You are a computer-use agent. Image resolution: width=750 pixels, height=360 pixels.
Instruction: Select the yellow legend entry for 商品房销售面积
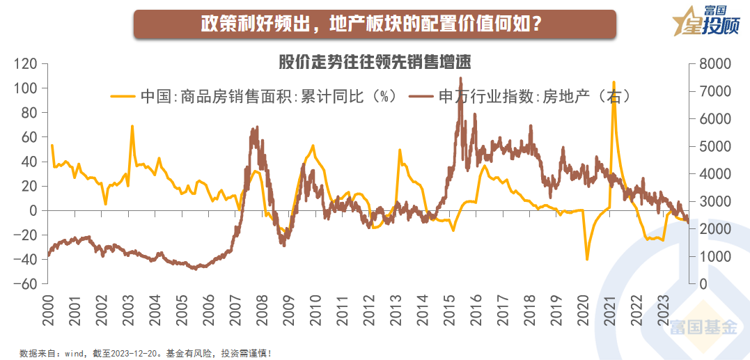pyautogui.click(x=254, y=96)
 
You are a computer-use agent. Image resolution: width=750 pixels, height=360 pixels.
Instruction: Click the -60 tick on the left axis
pyautogui.click(x=26, y=284)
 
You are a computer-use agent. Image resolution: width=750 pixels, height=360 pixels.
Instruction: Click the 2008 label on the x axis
pyautogui.click(x=261, y=308)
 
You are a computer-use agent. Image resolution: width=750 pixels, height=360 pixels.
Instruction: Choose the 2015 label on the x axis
pyautogui.click(x=448, y=308)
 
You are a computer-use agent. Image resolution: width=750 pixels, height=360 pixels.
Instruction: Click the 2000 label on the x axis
pyautogui.click(x=47, y=308)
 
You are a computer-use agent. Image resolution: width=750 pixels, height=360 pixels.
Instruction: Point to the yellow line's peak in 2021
pyautogui.click(x=614, y=82)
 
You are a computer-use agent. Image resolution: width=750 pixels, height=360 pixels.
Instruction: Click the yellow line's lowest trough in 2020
pyautogui.click(x=587, y=260)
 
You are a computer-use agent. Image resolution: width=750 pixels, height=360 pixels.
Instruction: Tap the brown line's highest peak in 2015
pyautogui.click(x=460, y=78)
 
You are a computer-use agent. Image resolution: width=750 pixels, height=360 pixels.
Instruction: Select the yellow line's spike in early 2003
pyautogui.click(x=132, y=126)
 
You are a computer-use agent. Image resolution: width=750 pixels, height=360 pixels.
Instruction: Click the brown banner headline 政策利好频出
pyautogui.click(x=374, y=23)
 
